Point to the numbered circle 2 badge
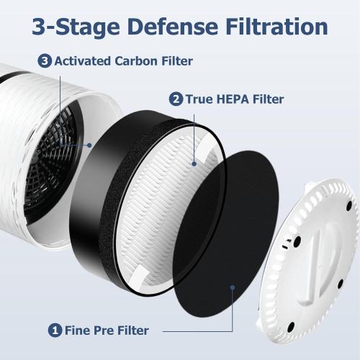[x=175, y=99]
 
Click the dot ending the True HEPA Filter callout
[x=194, y=163]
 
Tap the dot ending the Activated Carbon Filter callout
[x=89, y=144]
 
